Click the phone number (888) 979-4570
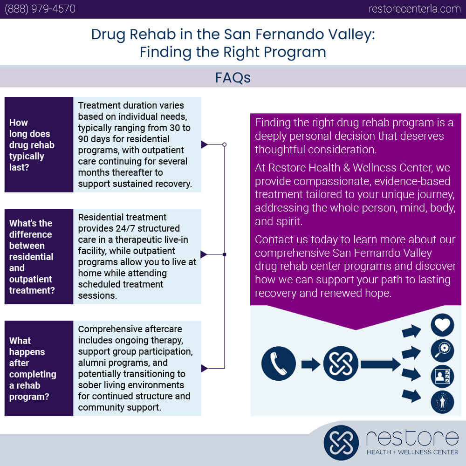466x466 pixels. pos(40,9)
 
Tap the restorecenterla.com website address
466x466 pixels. pos(415,9)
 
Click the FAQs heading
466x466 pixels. pos(233,77)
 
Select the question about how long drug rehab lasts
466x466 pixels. pos(32,145)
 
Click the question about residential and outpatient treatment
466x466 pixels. pos(32,256)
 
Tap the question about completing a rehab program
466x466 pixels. pos(33,368)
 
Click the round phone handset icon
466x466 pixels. pos(279,363)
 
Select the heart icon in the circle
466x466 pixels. pos(442,325)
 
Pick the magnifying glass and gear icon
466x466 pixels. pos(442,351)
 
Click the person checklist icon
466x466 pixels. pos(442,376)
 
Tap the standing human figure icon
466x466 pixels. pos(442,402)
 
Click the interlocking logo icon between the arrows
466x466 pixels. pos(341,363)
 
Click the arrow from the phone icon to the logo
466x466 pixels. pos(310,364)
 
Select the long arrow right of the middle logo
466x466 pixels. pos(381,364)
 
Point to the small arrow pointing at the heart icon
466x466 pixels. pos(411,331)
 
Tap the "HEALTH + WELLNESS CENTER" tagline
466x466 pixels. pos(412,452)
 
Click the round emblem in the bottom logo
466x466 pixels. pos(341,443)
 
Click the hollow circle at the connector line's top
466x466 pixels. pos(225,144)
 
